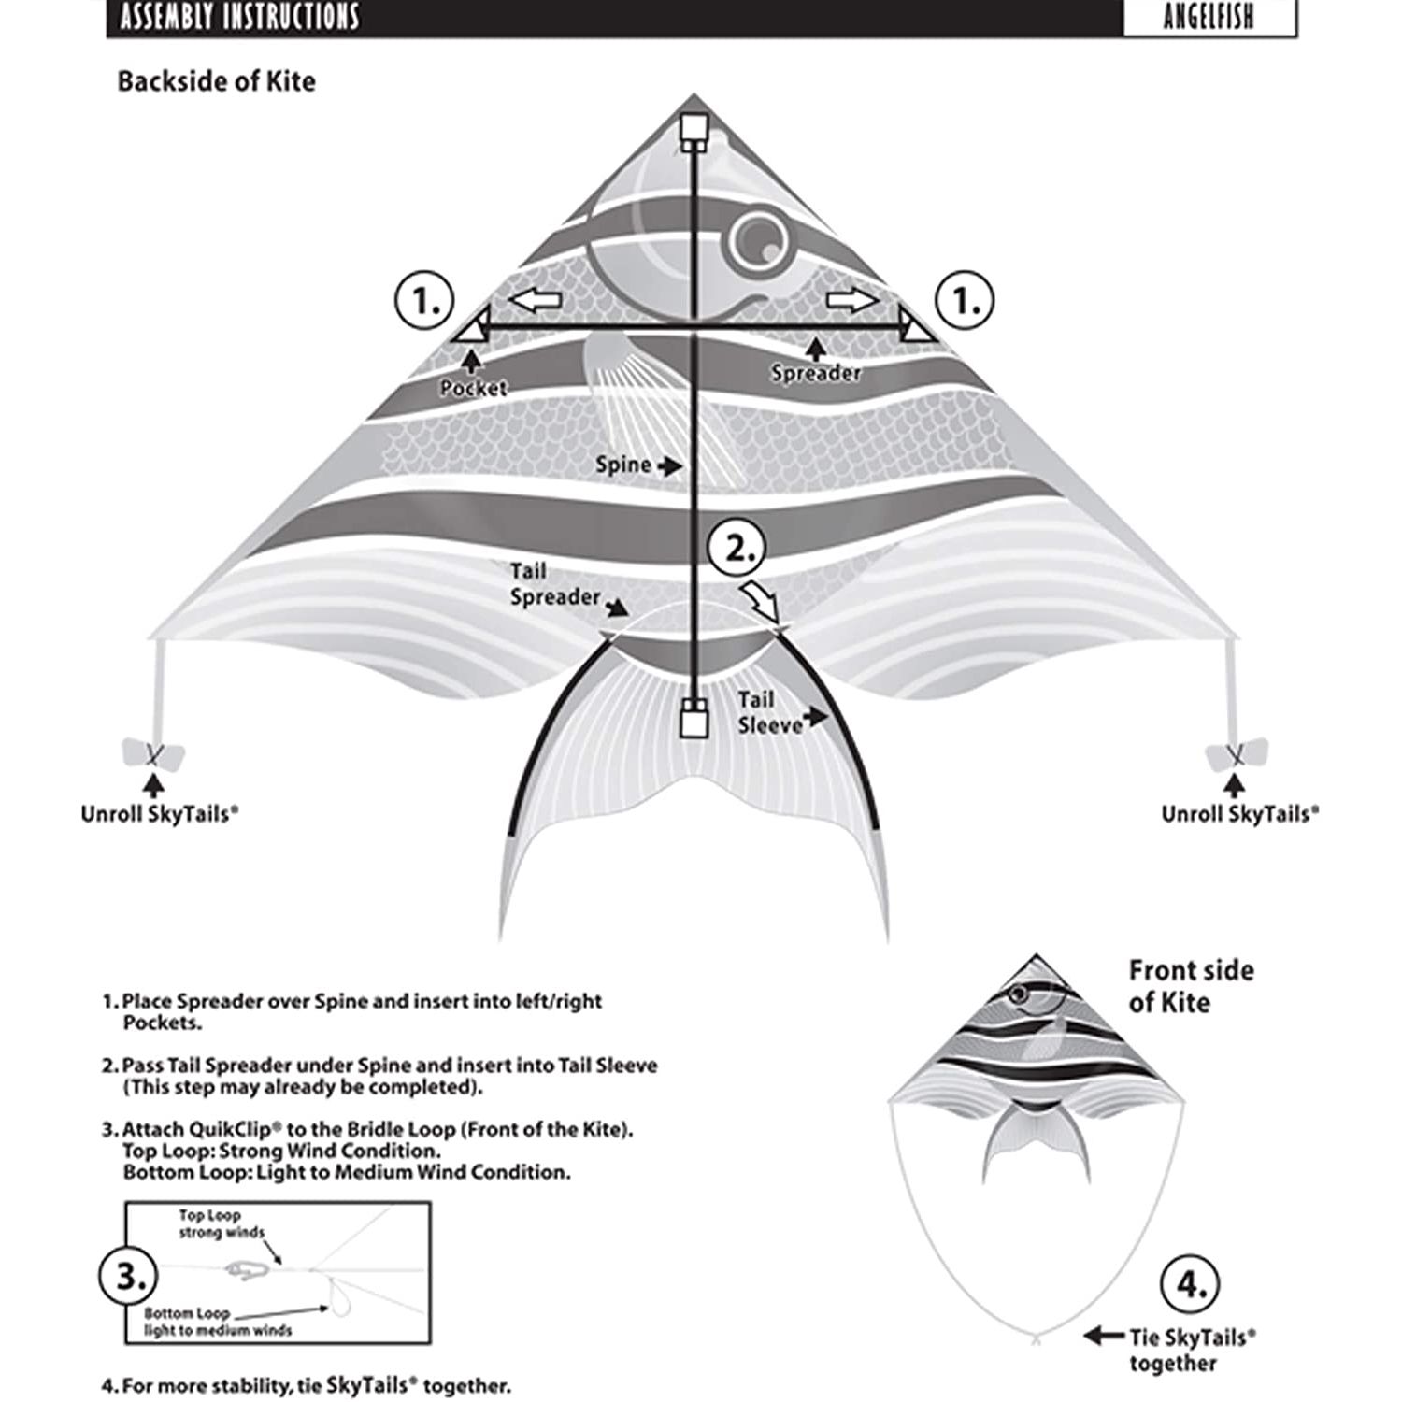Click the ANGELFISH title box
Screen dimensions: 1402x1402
[x=1209, y=18]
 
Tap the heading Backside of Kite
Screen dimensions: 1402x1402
[x=216, y=81]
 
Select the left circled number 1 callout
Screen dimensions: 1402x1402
[x=424, y=301]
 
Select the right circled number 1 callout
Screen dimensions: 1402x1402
[x=966, y=301]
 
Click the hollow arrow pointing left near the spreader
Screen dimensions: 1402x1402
[x=535, y=301]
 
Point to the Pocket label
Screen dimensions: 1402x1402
[x=474, y=388]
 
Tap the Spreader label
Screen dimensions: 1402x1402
[x=815, y=373]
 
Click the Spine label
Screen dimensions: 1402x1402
[x=623, y=465]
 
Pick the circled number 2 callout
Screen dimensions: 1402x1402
[x=737, y=549]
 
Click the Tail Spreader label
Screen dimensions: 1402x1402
[x=553, y=584]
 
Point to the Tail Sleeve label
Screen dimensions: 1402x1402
[x=770, y=712]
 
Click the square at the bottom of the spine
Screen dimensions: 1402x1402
[x=693, y=722]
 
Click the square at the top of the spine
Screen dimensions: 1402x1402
[x=693, y=127]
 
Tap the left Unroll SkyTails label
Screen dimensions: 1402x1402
[x=159, y=813]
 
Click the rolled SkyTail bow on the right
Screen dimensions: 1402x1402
[x=1237, y=753]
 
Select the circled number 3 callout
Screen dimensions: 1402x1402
[x=129, y=1276]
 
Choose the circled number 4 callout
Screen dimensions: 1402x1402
[x=1190, y=1287]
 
